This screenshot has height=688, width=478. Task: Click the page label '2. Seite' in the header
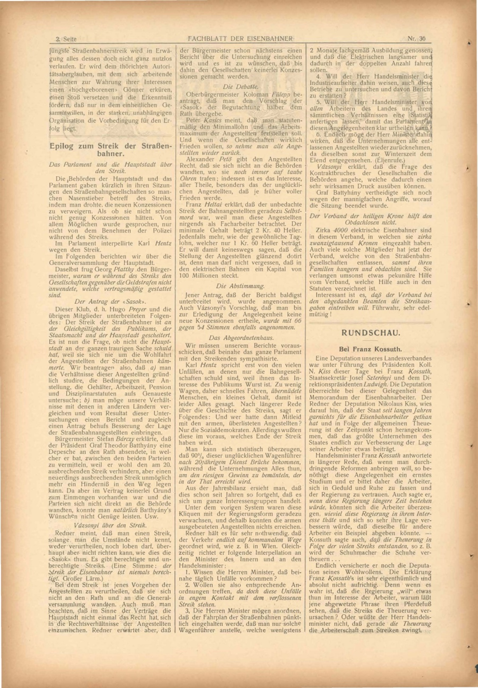[x=66, y=39]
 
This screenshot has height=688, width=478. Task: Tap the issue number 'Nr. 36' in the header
[x=416, y=39]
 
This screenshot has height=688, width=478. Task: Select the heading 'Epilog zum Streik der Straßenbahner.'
[x=110, y=150]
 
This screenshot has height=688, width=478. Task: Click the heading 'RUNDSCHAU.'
[x=370, y=333]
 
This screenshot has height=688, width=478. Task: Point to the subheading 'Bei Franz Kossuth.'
[x=370, y=349]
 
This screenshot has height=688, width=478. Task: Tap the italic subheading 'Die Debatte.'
[x=240, y=87]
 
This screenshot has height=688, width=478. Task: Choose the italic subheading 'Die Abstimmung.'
[x=240, y=286]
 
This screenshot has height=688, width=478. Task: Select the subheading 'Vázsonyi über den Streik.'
[x=110, y=525]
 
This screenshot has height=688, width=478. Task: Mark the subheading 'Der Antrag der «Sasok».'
[x=110, y=301]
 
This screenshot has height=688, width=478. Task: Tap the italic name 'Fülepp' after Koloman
[x=280, y=95]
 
